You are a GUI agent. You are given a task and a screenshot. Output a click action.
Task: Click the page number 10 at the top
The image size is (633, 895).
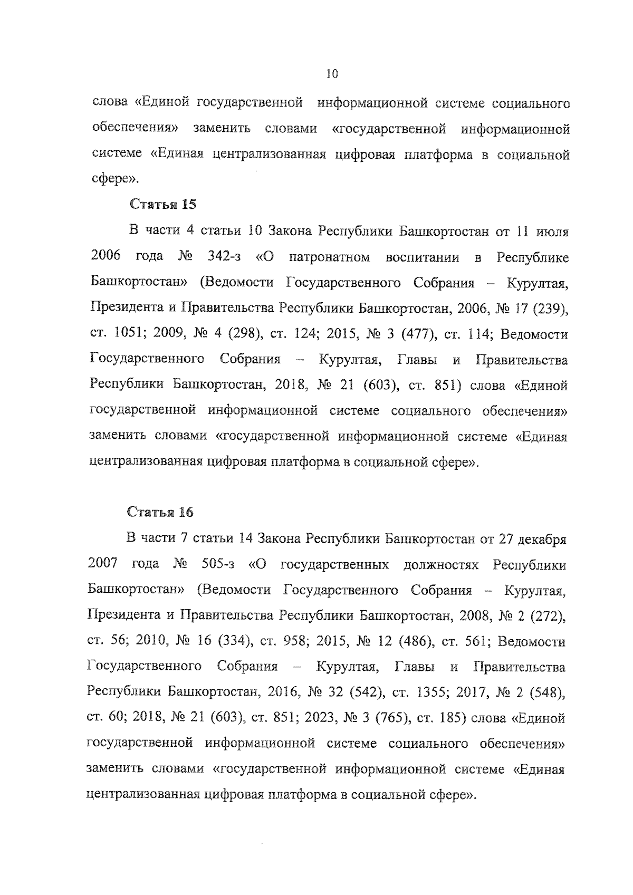pyautogui.click(x=332, y=74)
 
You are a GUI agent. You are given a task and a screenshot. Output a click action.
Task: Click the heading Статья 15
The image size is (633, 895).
pyautogui.click(x=162, y=204)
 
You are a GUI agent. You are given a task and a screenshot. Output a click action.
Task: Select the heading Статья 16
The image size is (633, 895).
pyautogui.click(x=160, y=512)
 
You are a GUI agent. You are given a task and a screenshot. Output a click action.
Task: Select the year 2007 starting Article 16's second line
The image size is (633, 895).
pyautogui.click(x=103, y=565)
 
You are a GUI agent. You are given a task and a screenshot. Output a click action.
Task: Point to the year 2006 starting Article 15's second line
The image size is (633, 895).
pyautogui.click(x=105, y=257)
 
